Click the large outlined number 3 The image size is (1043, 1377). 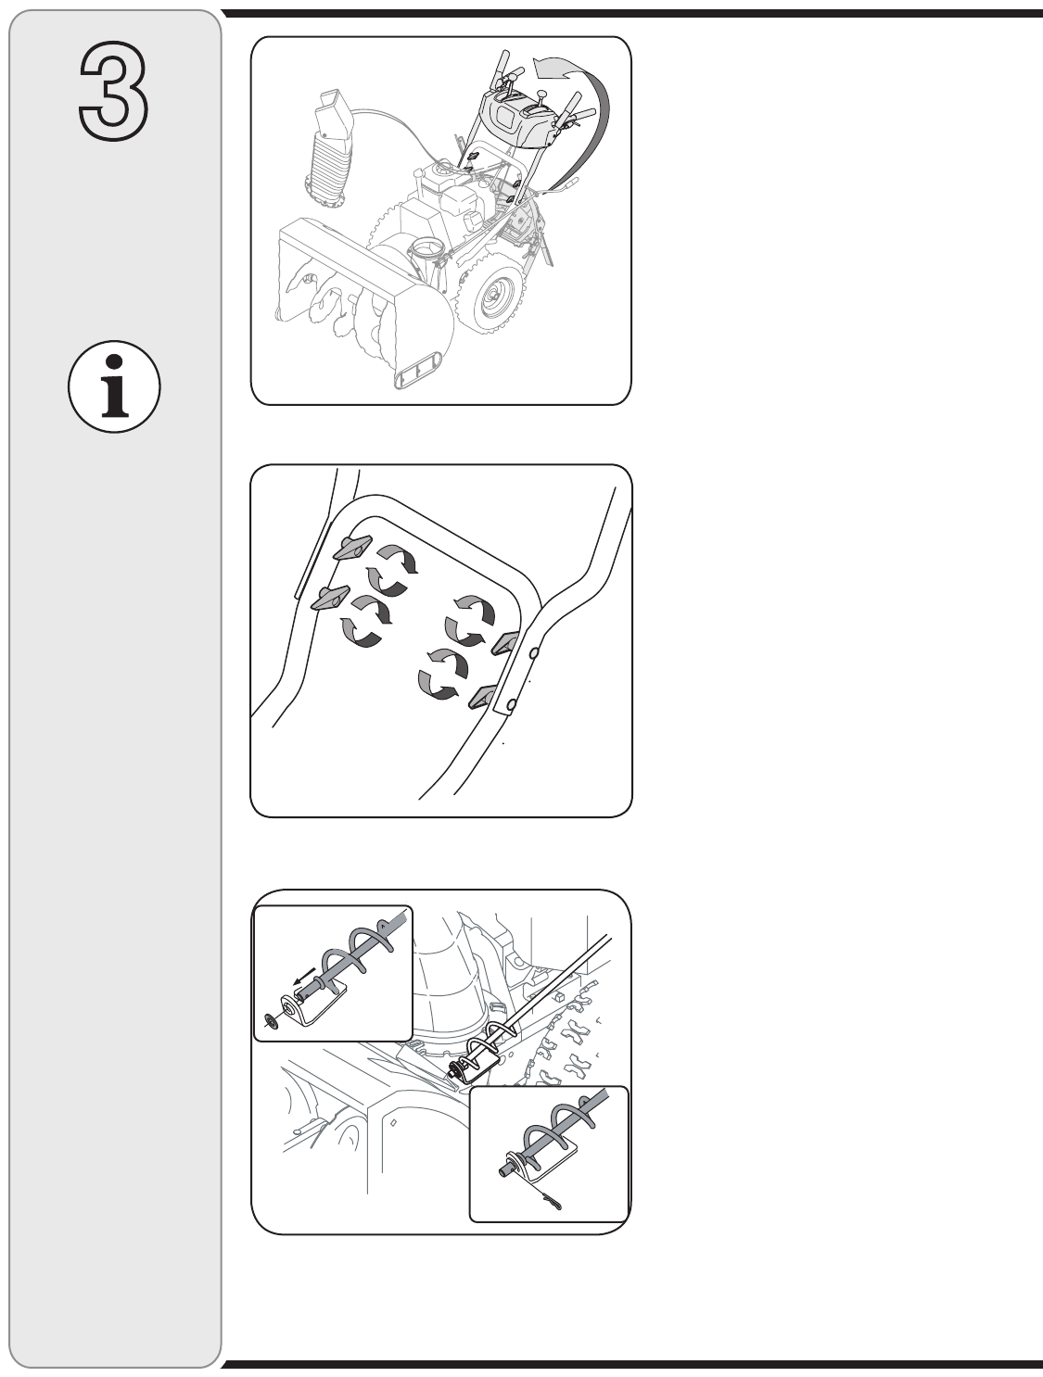click(x=114, y=91)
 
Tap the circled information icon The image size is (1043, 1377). click(x=114, y=386)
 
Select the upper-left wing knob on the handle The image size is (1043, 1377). click(x=352, y=547)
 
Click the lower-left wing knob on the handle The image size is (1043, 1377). click(x=331, y=597)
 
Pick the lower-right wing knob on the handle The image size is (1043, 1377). click(x=483, y=696)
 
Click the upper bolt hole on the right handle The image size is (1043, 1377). click(x=534, y=653)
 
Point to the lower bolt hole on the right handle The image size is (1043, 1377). click(x=512, y=705)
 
